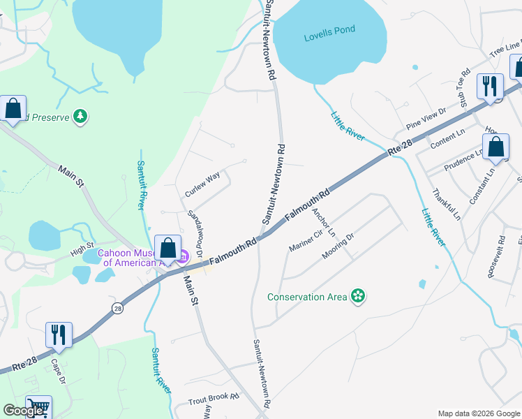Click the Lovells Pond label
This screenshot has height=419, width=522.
pyautogui.click(x=329, y=29)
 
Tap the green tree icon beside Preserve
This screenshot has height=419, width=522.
pyautogui.click(x=81, y=116)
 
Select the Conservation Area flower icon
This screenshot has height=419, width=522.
pyautogui.click(x=358, y=297)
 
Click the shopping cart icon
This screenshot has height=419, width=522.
pyautogui.click(x=38, y=407)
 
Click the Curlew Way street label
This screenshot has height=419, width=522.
pyautogui.click(x=202, y=184)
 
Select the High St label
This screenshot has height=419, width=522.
pyautogui.click(x=82, y=247)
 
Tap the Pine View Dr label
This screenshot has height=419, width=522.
pyautogui.click(x=426, y=119)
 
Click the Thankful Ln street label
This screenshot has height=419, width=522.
pyautogui.click(x=446, y=205)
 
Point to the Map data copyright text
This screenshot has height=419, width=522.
pyautogui.click(x=478, y=413)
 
